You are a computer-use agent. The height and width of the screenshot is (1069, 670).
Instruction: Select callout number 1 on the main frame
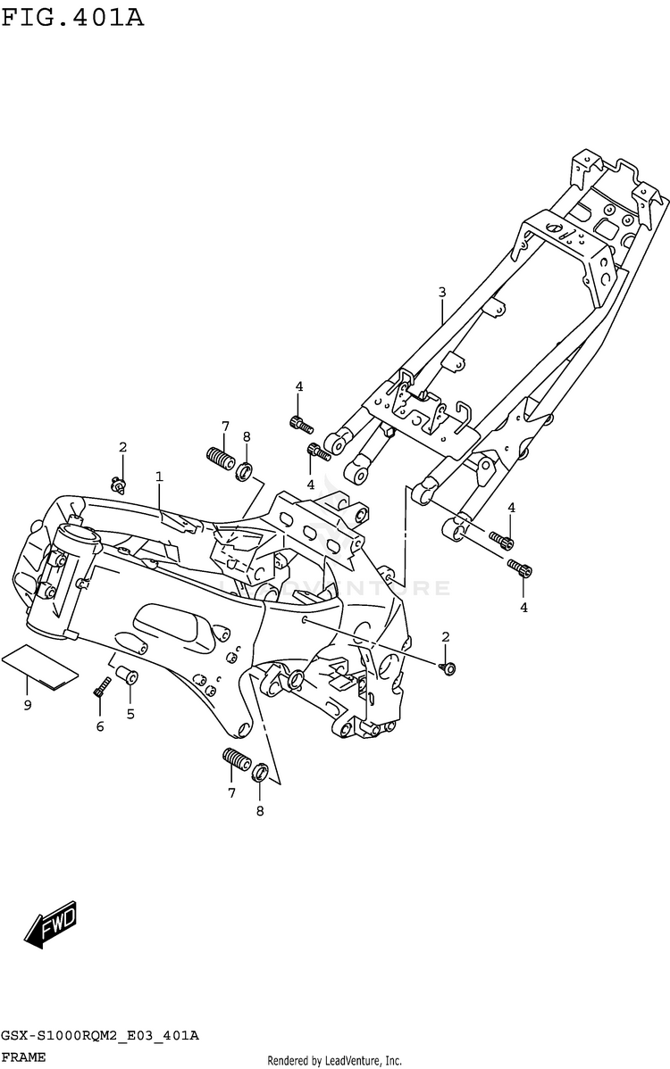coord(159,477)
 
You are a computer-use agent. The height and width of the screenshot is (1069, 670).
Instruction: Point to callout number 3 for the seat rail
coord(441,292)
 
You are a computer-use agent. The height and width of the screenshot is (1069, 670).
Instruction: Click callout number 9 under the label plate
coord(28,706)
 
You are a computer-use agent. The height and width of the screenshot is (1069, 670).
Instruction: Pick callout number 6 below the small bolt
coord(100,726)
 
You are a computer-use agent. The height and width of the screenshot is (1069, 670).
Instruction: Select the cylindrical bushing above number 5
coord(127,680)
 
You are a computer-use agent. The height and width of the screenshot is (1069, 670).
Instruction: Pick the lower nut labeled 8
coord(259,772)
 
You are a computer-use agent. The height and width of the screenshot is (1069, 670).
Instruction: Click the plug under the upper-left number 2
coord(118,485)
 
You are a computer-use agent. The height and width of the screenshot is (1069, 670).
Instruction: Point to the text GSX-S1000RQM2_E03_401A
coord(99,1035)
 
